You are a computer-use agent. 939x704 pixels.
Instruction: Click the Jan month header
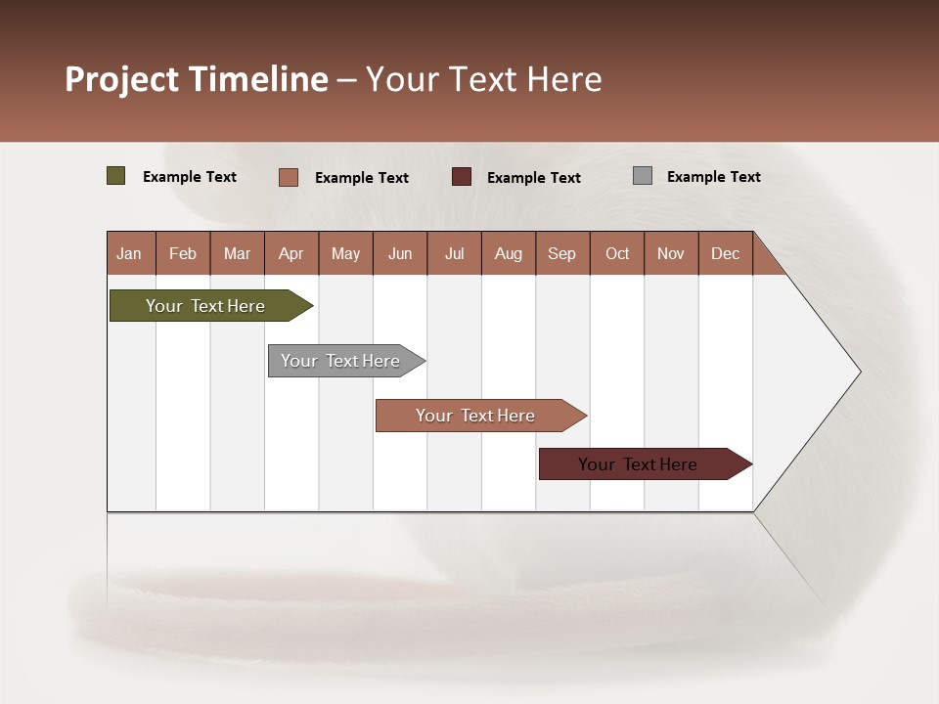(x=130, y=253)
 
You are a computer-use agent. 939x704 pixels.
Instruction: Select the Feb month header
(x=183, y=253)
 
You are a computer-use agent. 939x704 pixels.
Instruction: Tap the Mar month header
(x=237, y=253)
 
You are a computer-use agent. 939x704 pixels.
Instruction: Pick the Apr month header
(x=291, y=253)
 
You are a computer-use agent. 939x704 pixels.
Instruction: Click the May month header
(x=345, y=253)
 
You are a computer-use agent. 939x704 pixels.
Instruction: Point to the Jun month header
(x=400, y=253)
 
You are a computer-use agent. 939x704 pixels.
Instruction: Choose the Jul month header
(x=454, y=253)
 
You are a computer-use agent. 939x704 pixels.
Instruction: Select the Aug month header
(x=509, y=253)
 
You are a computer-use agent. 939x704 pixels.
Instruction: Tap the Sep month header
(x=562, y=253)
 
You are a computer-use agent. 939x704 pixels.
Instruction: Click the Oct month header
(x=617, y=253)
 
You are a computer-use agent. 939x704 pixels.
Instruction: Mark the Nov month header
(x=671, y=253)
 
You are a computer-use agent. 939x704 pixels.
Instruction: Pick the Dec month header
(x=726, y=253)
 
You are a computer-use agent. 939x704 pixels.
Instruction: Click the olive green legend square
(x=116, y=176)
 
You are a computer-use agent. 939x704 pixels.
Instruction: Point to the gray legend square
(x=643, y=176)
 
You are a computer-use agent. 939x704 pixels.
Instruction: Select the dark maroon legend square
(x=462, y=176)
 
